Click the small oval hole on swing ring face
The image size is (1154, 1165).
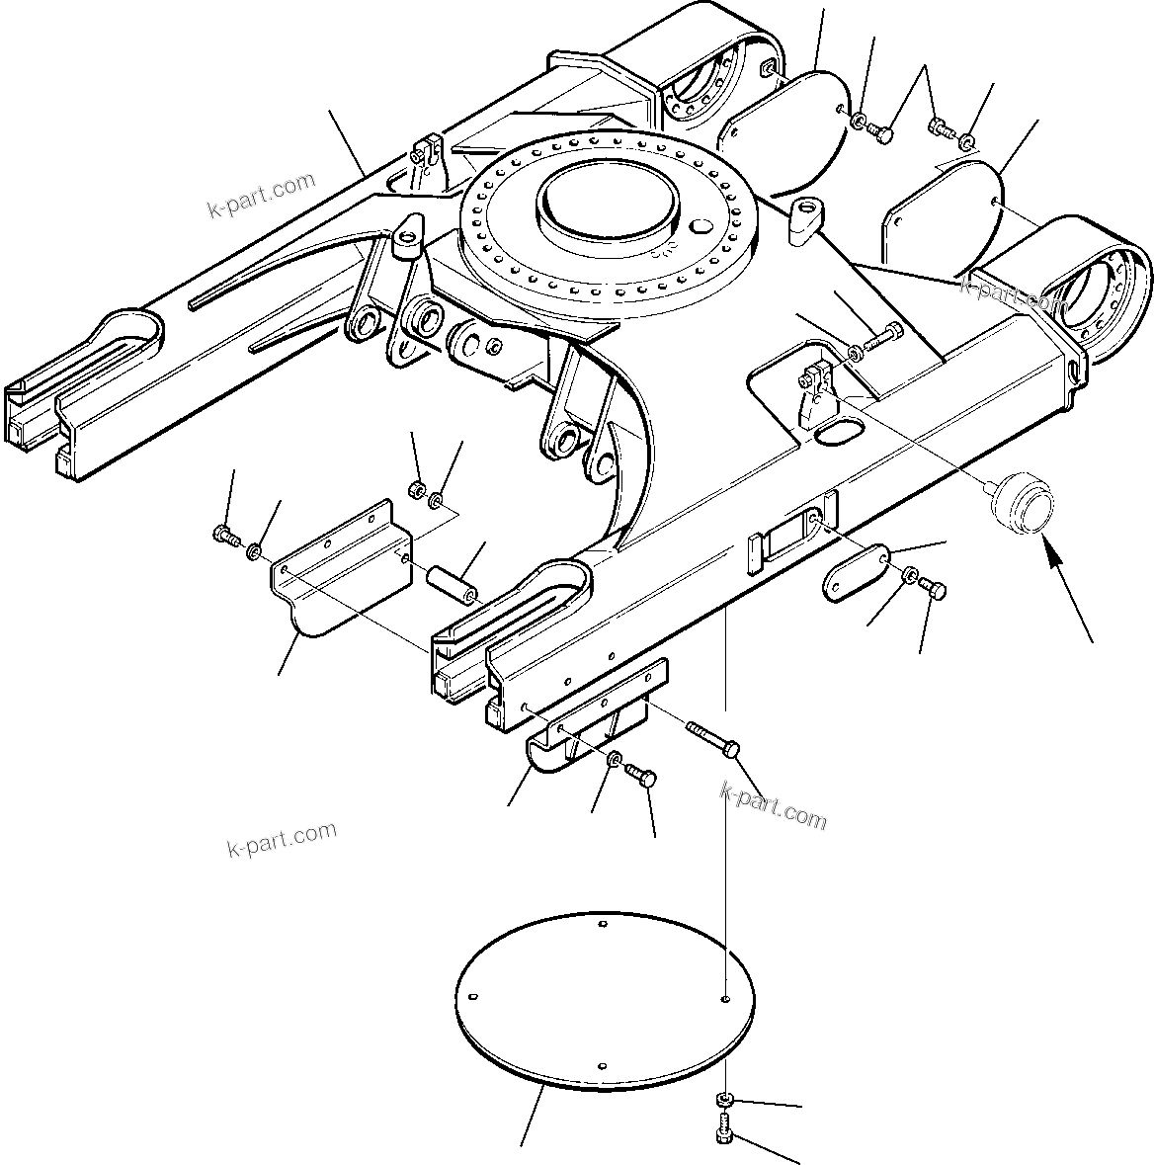click(704, 227)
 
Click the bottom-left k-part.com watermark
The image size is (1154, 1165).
click(282, 839)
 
